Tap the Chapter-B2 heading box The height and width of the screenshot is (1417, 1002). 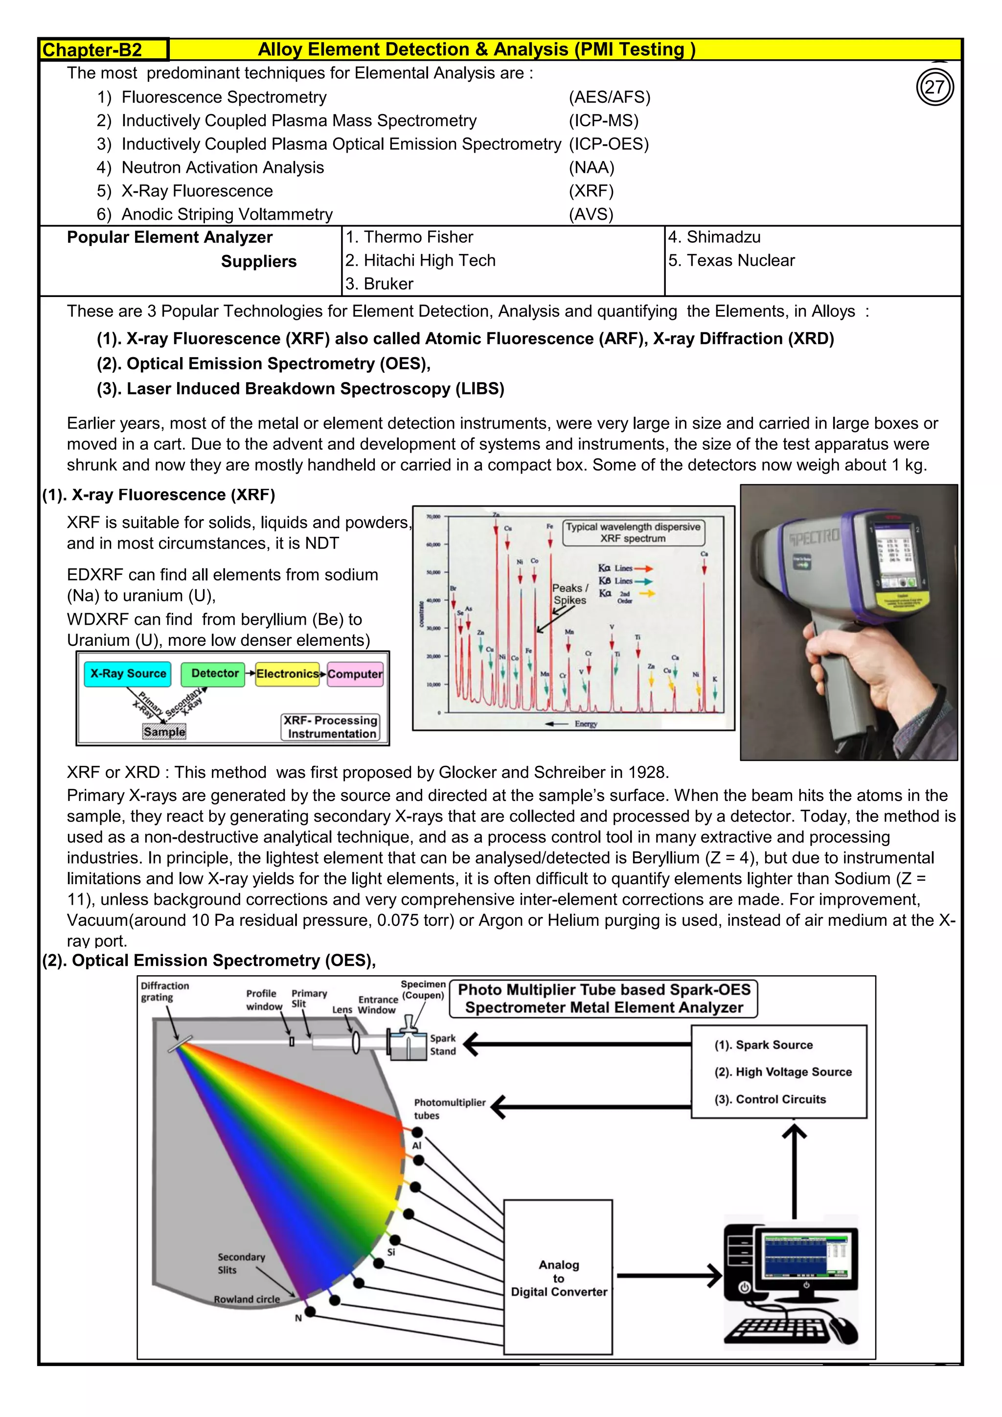tap(104, 50)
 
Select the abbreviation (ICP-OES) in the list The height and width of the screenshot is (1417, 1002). tap(608, 144)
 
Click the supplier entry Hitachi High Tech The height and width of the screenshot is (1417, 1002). tap(421, 260)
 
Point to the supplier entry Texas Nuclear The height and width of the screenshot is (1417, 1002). tap(732, 260)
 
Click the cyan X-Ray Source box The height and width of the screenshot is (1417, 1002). tap(128, 674)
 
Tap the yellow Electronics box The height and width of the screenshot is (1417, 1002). tap(288, 674)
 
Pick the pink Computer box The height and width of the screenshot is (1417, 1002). tap(355, 674)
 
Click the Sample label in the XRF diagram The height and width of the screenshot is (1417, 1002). tap(164, 732)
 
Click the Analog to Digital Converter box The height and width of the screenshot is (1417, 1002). tap(558, 1278)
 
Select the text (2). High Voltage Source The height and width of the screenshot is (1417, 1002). tap(783, 1072)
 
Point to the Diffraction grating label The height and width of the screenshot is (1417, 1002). tap(165, 992)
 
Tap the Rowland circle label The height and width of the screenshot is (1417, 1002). tap(247, 1299)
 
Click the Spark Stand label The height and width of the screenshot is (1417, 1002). tap(442, 1045)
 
